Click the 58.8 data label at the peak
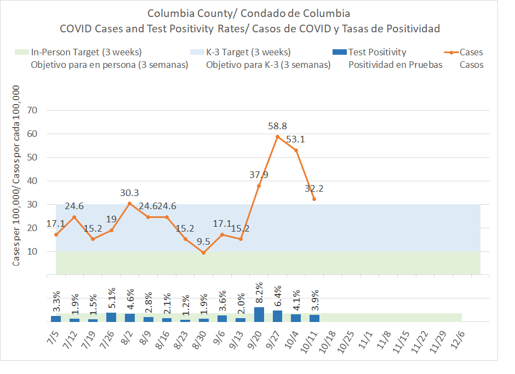point(277,126)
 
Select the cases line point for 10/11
point(314,199)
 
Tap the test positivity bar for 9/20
point(259,314)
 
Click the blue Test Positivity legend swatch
point(340,53)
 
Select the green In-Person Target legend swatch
point(21,53)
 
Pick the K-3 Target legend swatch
point(197,53)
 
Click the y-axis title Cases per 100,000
point(16,175)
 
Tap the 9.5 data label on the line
point(203,240)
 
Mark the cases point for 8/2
point(129,203)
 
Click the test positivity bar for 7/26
point(111,317)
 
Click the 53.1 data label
point(296,139)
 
